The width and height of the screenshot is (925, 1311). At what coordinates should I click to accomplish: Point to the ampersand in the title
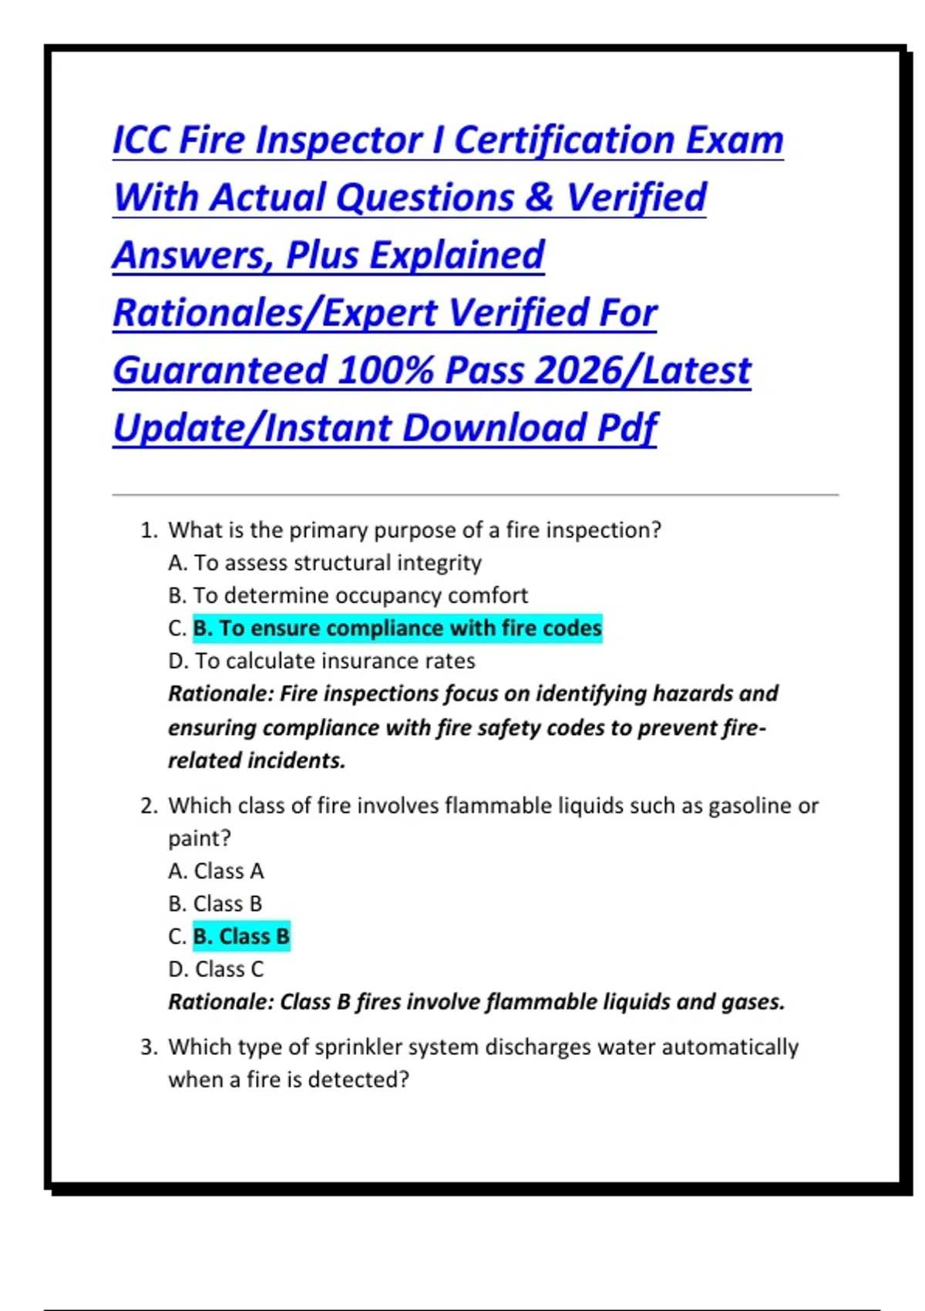540,197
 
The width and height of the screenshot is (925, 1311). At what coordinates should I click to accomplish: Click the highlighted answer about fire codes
397,629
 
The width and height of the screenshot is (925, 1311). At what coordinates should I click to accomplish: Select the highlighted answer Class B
241,936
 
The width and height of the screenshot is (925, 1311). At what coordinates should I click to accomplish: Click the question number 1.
149,531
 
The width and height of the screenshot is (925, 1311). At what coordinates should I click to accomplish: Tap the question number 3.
149,1047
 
